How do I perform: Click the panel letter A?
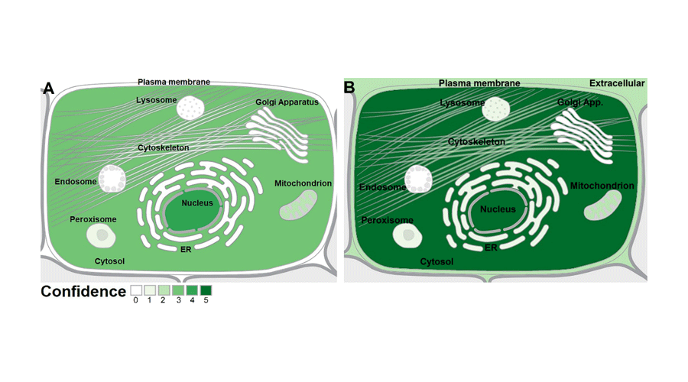coord(48,88)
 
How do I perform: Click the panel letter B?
coord(349,87)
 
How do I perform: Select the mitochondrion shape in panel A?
coord(298,206)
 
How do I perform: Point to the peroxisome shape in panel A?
coord(102,236)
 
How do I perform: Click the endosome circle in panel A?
coord(112,179)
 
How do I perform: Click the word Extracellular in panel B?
coord(617,83)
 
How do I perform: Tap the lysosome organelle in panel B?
coord(496,108)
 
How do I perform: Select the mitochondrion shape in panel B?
coord(602,206)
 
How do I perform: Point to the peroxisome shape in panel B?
coord(407,236)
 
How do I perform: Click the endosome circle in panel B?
coord(418,179)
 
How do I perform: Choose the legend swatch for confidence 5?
coord(206,290)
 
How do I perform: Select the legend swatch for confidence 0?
coord(136,290)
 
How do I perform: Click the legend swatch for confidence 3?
coord(178,290)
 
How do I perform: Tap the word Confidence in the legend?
coord(83,291)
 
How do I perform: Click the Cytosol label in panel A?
coord(109,261)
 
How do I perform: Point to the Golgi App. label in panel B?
coord(580,102)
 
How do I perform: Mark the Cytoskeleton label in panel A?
coord(164,147)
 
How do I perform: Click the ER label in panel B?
coord(491,248)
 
